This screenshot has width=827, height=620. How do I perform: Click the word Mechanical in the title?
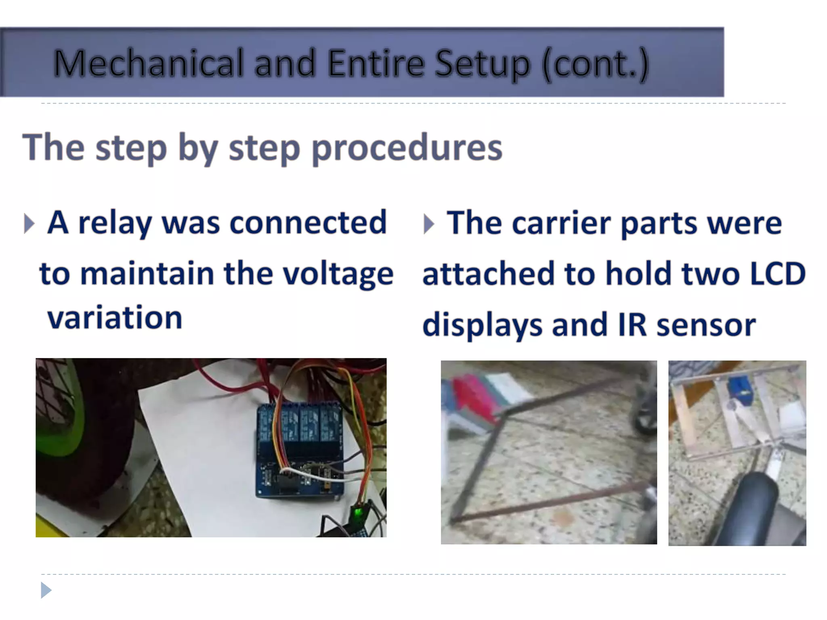point(149,63)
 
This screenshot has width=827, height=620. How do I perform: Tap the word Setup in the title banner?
point(482,65)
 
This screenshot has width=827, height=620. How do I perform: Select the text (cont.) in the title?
point(595,65)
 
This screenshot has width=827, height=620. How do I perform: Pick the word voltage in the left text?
point(338,274)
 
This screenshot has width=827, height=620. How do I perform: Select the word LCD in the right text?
point(778,274)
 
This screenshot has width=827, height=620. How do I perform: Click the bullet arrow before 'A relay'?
point(29,224)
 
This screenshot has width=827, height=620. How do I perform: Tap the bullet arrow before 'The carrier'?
point(429,224)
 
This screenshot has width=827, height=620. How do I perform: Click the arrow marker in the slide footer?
point(46,590)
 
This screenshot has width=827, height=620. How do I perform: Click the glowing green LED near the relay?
point(357,513)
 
